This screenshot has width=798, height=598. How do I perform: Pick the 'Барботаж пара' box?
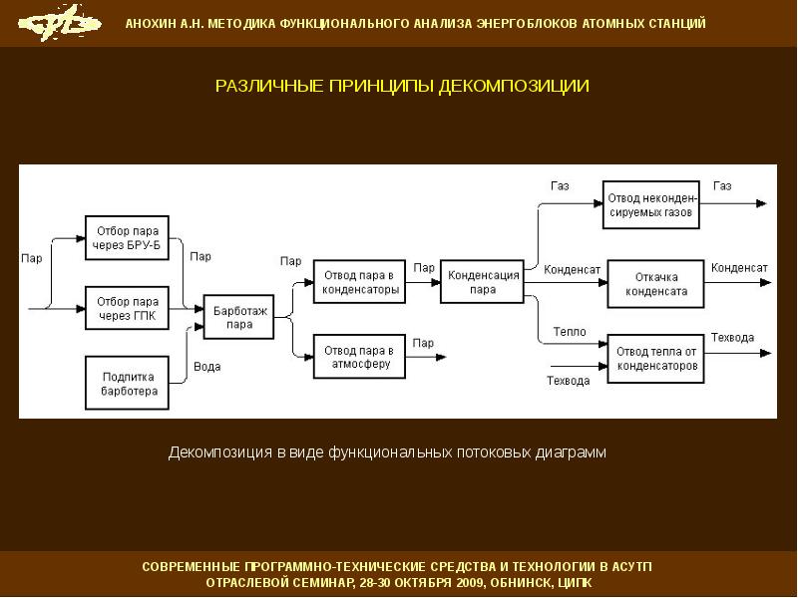click(238, 317)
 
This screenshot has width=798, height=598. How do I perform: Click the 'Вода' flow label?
click(207, 367)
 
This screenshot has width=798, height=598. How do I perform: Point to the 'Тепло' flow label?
click(569, 331)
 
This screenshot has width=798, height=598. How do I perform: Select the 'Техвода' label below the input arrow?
click(569, 381)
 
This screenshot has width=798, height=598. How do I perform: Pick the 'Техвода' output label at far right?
click(732, 338)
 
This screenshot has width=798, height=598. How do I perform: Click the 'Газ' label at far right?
click(722, 186)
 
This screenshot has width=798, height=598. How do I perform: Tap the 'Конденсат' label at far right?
click(739, 268)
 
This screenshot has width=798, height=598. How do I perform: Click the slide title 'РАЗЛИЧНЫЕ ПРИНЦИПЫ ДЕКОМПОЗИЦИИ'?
click(403, 86)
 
